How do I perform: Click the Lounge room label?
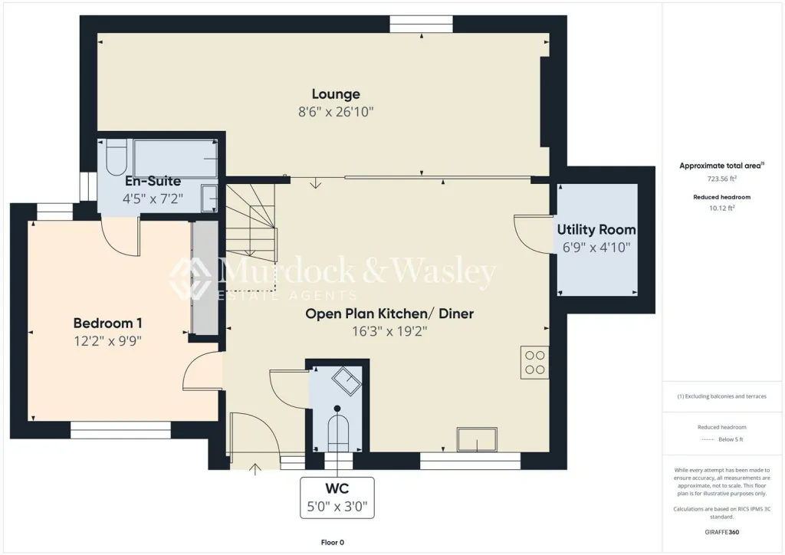click(336, 94)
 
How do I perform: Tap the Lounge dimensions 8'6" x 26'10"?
click(336, 112)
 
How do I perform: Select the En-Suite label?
click(153, 181)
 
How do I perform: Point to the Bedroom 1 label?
click(107, 323)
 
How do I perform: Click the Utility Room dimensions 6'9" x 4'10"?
click(596, 248)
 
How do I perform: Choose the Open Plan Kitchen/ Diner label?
click(389, 314)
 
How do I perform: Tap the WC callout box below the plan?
click(337, 498)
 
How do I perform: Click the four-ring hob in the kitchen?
click(534, 363)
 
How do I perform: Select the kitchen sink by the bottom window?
click(477, 440)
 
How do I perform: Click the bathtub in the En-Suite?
click(176, 159)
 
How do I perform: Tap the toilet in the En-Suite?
click(117, 156)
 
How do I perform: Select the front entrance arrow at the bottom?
click(255, 469)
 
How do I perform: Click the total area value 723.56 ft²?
click(721, 179)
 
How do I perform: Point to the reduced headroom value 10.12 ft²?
click(721, 209)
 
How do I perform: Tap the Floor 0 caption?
click(333, 543)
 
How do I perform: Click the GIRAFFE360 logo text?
click(721, 532)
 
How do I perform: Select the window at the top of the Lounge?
click(422, 24)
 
